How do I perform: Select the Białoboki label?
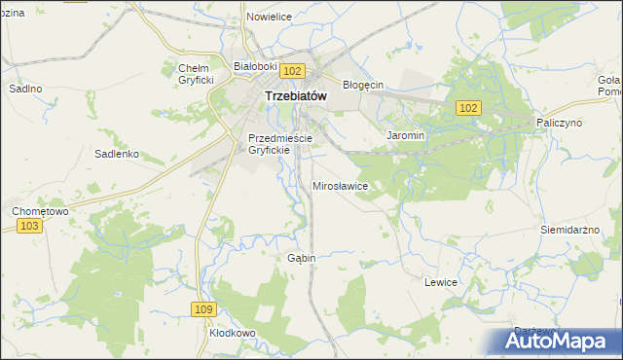coord(256,66)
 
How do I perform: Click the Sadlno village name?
coord(25,88)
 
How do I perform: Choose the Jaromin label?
coord(406,135)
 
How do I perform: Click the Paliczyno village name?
coord(559,124)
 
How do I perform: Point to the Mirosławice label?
coord(340,185)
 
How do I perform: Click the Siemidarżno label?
coord(573,230)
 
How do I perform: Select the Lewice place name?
coord(441,281)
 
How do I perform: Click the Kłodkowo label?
coord(232,332)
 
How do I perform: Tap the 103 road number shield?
coord(30,226)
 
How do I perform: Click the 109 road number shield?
coord(202,308)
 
